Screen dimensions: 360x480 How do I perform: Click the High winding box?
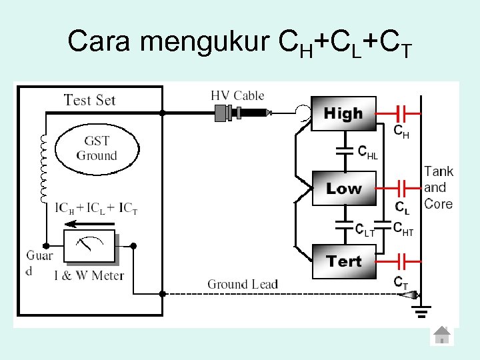click(x=343, y=114)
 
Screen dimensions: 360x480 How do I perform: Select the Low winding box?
click(x=343, y=189)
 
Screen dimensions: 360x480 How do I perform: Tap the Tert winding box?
click(x=343, y=261)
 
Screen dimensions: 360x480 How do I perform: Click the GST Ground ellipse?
click(x=96, y=149)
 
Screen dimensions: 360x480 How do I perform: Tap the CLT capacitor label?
click(x=365, y=229)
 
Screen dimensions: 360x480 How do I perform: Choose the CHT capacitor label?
click(x=403, y=229)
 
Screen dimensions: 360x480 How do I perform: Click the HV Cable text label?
click(x=237, y=96)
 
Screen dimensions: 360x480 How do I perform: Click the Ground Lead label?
click(x=242, y=285)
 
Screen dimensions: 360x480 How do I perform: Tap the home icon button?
click(x=441, y=335)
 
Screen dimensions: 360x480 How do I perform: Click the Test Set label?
click(x=89, y=101)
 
